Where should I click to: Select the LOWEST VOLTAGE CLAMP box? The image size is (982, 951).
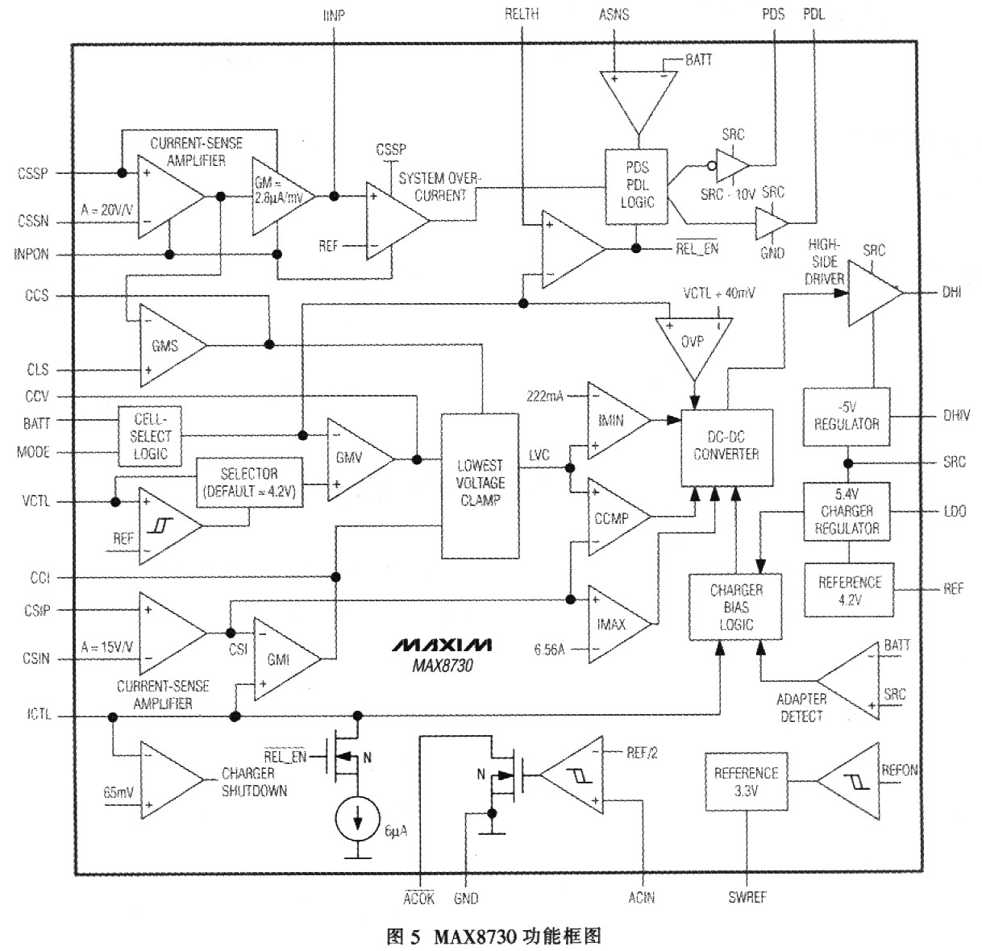point(481,485)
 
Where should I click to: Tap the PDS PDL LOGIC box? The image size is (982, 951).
point(637,186)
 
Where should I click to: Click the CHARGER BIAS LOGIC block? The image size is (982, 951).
point(735,607)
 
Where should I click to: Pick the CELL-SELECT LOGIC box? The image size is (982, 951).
point(150,435)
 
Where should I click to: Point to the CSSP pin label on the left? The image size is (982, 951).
point(32,173)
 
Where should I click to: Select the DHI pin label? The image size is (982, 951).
point(951,292)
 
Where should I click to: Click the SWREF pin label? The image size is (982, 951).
point(747,897)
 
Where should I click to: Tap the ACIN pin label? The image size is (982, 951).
point(642,897)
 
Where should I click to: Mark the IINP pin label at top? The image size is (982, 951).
point(333,15)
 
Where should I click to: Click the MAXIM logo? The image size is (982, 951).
point(442,646)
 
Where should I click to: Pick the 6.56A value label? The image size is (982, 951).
point(550,648)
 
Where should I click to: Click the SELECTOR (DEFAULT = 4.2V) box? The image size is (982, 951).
point(251,483)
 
